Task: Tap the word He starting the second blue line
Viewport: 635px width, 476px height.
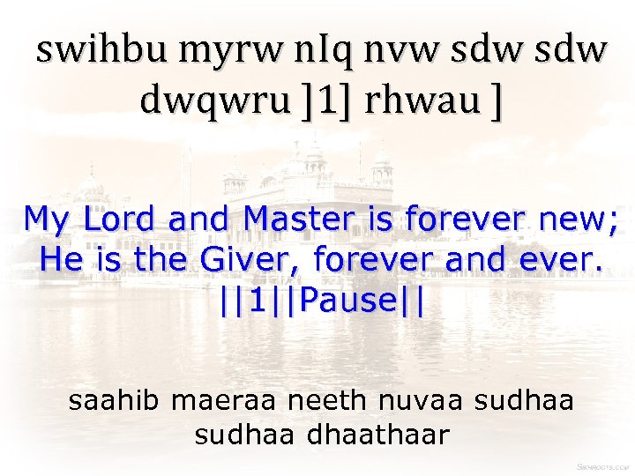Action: pos(59,259)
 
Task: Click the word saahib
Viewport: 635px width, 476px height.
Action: pos(116,401)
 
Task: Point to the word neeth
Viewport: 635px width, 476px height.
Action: pos(325,401)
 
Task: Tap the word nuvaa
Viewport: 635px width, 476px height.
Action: pos(422,401)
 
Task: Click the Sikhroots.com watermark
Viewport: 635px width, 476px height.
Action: pos(602,465)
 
